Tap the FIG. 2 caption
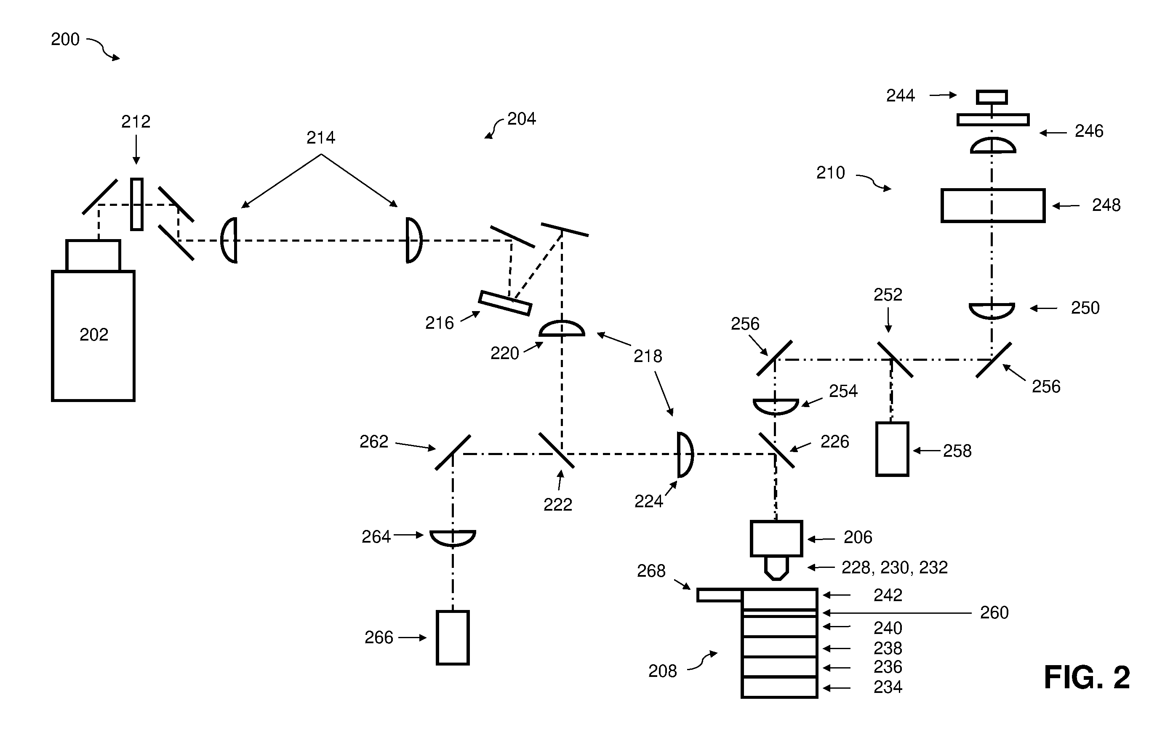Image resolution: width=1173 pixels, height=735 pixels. click(x=1087, y=677)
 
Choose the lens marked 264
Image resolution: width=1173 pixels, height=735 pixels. click(x=453, y=538)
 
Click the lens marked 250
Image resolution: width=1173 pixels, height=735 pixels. click(x=992, y=311)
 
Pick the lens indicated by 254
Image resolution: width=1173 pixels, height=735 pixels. click(x=776, y=407)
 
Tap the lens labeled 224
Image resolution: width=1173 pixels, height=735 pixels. click(x=685, y=455)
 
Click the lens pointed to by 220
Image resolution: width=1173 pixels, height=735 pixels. click(x=562, y=328)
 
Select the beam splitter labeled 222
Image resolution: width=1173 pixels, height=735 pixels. click(x=557, y=450)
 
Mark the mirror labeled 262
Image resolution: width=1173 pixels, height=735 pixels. click(x=453, y=452)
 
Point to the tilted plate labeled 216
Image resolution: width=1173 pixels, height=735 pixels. click(x=505, y=303)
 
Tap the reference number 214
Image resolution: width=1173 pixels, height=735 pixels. click(x=321, y=138)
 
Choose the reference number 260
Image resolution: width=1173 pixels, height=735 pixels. click(x=994, y=612)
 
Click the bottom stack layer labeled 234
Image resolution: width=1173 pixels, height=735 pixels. click(x=779, y=687)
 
